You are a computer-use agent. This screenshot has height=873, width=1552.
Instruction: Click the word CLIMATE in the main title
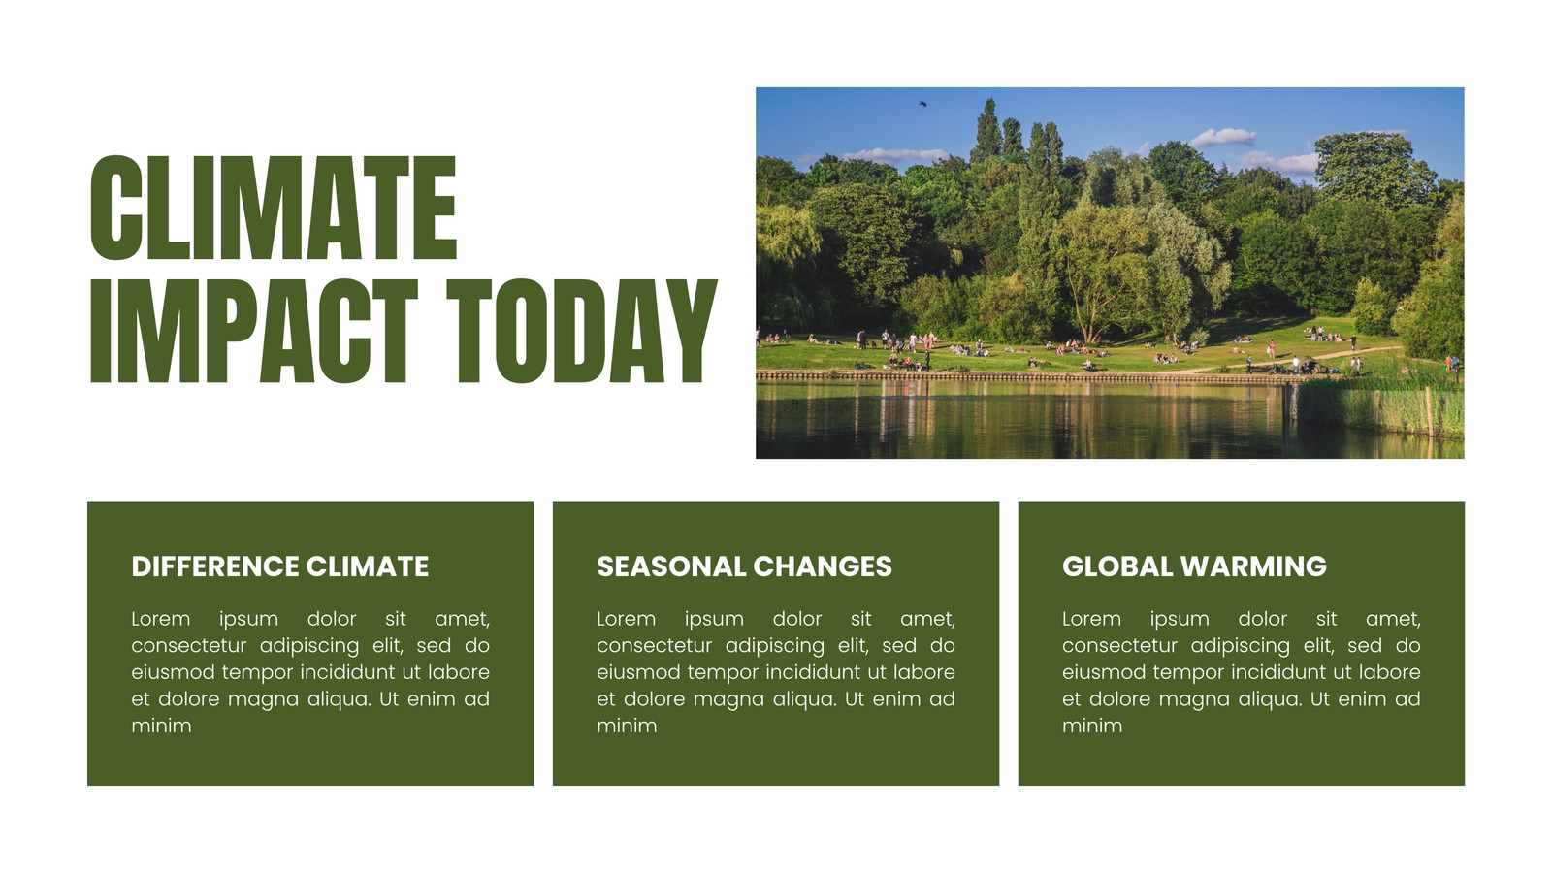pos(274,208)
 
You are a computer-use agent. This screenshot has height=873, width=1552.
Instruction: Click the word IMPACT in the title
pos(254,331)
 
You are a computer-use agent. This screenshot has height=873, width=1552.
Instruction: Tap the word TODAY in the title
pos(582,331)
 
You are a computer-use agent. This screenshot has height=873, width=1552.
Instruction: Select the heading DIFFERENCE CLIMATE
pos(280,566)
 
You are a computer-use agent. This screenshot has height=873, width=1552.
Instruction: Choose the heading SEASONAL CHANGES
pos(744,566)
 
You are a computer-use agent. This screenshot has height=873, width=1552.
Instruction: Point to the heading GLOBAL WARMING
pos(1194,566)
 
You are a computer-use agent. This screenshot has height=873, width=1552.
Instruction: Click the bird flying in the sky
pos(922,104)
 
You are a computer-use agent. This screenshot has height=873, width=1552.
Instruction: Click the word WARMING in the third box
pos(1253,566)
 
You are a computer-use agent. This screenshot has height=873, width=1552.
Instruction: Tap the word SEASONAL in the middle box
pos(670,566)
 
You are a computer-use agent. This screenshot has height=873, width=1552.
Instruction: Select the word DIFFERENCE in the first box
pos(214,566)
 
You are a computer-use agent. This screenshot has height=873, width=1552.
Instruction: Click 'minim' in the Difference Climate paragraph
pos(161,727)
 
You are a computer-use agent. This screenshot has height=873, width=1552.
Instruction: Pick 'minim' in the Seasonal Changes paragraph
pos(627,727)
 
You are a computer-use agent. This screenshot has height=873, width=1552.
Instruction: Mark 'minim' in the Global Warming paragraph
pos(1092,727)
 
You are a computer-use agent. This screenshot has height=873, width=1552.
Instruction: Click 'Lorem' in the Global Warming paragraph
pos(1092,619)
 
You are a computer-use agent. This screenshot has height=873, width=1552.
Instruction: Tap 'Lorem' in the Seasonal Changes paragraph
pos(627,619)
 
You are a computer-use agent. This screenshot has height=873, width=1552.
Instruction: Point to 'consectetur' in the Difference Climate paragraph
pos(189,646)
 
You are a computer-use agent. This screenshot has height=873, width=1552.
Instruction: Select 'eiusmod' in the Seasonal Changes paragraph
pos(638,673)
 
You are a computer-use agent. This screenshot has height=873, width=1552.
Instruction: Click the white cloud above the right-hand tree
pos(1223,137)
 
